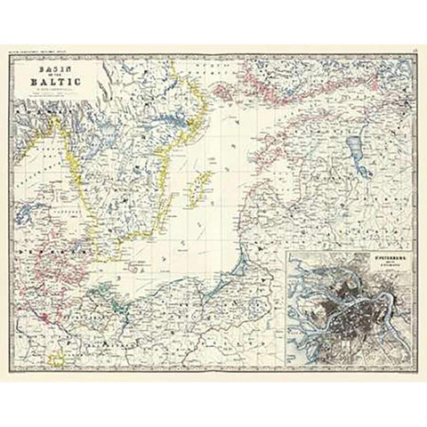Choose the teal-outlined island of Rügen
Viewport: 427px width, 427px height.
click(107, 266)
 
